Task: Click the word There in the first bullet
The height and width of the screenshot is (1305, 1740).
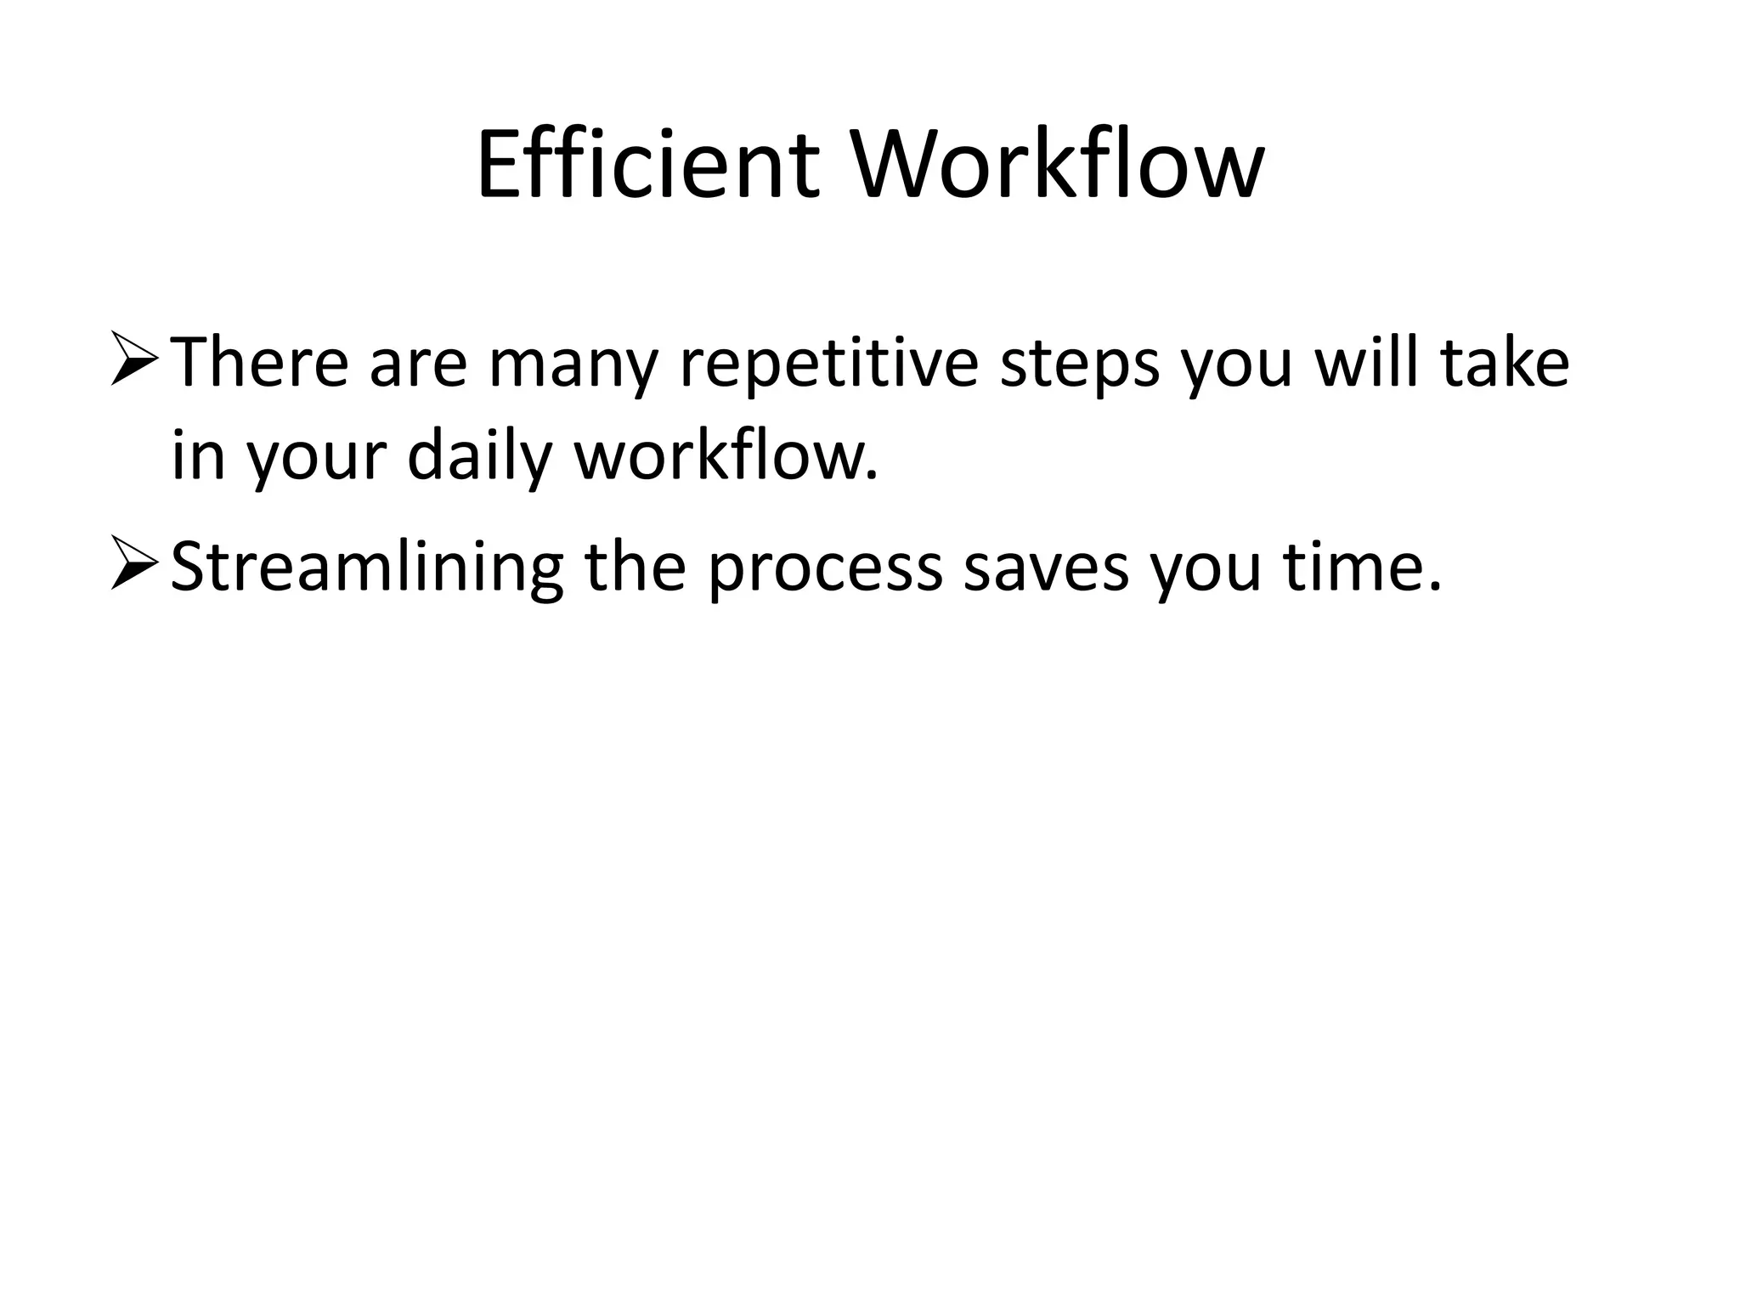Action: point(260,364)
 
